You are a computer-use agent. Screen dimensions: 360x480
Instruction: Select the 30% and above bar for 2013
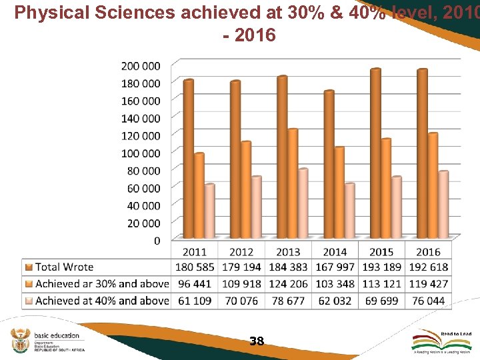292,183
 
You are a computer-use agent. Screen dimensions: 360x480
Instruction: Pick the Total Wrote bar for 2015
375,153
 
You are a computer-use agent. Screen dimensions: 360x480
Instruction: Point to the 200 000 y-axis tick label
141,65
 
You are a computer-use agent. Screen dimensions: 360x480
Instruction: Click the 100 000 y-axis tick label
141,153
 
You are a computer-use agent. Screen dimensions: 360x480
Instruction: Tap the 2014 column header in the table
335,251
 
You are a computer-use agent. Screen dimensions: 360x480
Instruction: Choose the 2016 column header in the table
428,251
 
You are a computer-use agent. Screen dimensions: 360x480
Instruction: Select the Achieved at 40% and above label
102,301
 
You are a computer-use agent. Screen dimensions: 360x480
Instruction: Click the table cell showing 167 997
335,267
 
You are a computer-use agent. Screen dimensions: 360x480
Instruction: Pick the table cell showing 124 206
288,284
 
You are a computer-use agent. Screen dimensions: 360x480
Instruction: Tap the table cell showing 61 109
195,301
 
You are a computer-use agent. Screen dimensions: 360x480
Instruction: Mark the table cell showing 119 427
428,284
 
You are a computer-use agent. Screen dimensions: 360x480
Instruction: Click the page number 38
257,341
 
